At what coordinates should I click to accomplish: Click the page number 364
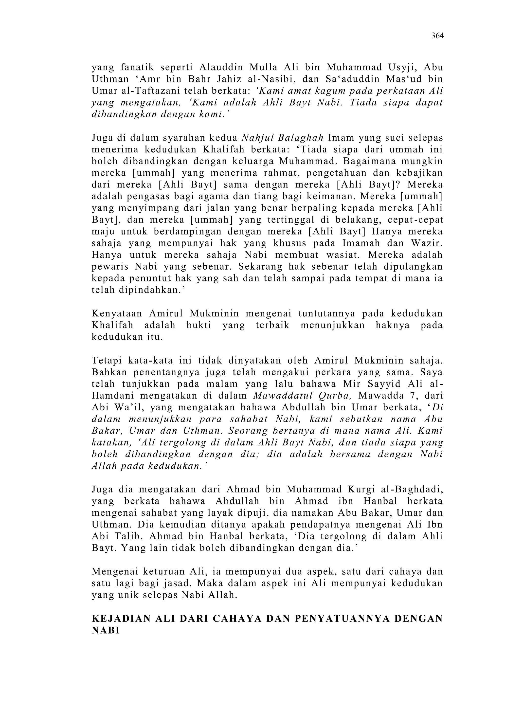[x=437, y=36]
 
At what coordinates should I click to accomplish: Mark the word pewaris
[x=109, y=267]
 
